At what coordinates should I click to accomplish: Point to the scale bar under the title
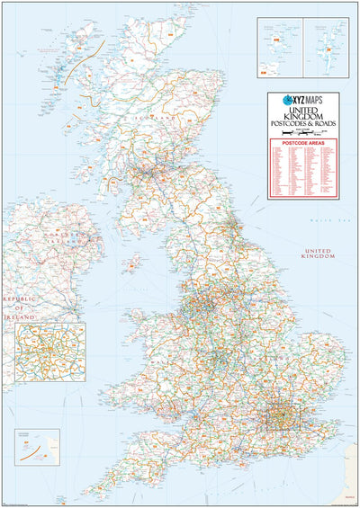coord(303,131)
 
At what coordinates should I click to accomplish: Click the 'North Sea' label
coord(320,220)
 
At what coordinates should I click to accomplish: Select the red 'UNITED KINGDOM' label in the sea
coord(318,253)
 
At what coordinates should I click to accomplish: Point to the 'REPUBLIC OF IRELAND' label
coord(18,307)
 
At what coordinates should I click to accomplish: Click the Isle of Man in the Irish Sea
coord(134,263)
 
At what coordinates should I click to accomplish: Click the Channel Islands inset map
coord(37,450)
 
